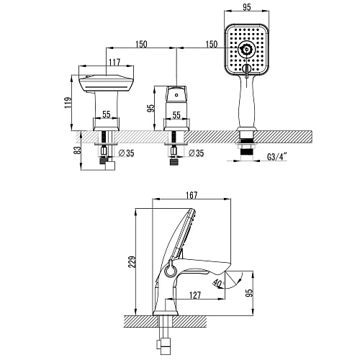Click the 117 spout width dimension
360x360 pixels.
(x=114, y=62)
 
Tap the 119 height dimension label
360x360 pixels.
(x=68, y=103)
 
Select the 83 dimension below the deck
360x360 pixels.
(x=78, y=150)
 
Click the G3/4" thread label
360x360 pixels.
(x=277, y=157)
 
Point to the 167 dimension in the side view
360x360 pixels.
(x=192, y=195)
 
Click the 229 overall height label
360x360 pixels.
(x=132, y=262)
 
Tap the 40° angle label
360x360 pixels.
(x=218, y=283)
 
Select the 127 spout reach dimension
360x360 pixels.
(x=195, y=295)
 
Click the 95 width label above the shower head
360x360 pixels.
(x=246, y=7)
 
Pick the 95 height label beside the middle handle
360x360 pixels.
(x=150, y=108)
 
